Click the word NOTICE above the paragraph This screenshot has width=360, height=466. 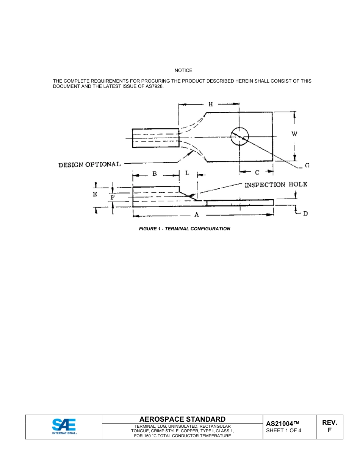click(183, 70)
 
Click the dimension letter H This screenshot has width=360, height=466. click(211, 104)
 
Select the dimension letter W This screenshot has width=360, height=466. click(294, 133)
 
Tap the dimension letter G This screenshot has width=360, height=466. click(307, 165)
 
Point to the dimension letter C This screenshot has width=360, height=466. click(257, 173)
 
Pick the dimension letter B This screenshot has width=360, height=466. click(155, 174)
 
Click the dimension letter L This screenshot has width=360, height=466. click(187, 173)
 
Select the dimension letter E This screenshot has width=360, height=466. click(95, 194)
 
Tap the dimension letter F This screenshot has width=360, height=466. click(112, 197)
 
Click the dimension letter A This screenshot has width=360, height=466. click(197, 214)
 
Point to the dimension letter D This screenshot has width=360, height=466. click(305, 214)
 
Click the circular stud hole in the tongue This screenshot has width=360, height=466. click(239, 136)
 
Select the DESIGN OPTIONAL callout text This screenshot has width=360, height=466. click(89, 165)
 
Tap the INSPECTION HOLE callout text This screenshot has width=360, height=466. click(276, 185)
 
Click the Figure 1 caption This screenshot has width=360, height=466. click(185, 229)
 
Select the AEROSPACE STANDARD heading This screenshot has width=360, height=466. click(182, 419)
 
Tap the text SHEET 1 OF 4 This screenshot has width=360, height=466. click(284, 430)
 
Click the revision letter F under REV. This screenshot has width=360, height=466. click(330, 430)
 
